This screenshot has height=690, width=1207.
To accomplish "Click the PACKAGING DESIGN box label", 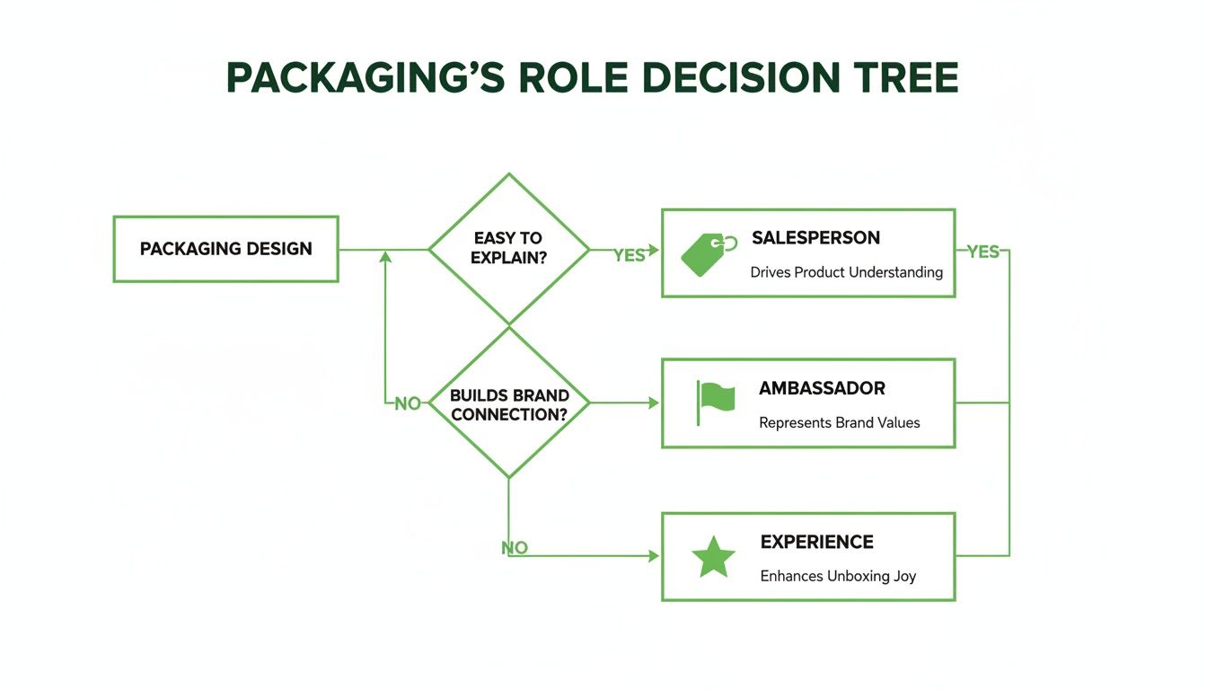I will [x=225, y=249].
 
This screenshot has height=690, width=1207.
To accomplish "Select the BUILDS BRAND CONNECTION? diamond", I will [x=509, y=404].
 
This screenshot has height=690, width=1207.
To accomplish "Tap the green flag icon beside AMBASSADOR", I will [x=715, y=401].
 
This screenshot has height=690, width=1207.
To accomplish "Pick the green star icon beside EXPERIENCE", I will [x=713, y=557].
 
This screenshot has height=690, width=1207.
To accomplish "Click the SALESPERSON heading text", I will [x=815, y=238].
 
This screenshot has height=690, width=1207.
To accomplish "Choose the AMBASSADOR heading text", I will [x=822, y=388].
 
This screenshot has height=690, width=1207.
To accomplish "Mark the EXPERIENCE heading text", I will [x=816, y=542].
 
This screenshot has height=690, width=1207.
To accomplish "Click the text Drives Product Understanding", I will [x=846, y=271].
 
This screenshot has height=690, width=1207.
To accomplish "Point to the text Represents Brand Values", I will [x=839, y=422].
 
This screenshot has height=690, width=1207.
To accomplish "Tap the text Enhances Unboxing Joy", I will [x=837, y=576].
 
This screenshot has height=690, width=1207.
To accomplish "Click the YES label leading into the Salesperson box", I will [x=629, y=255].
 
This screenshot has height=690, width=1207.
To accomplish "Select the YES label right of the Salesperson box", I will [x=982, y=252].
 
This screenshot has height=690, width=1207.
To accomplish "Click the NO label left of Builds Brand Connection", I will [x=408, y=404].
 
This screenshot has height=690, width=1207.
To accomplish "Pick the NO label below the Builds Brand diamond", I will [x=515, y=547].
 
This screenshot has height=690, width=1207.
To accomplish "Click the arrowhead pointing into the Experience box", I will [x=655, y=556].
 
